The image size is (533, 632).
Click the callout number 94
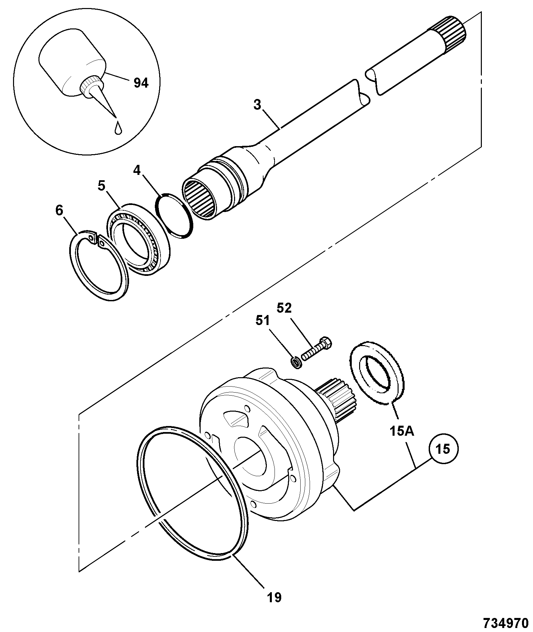[141, 83]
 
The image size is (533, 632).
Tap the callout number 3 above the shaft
[257, 105]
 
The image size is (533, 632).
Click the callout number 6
[59, 211]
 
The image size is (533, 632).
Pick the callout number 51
[262, 321]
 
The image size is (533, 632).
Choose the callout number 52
[285, 308]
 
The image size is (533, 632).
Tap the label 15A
[402, 431]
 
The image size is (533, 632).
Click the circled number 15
[443, 449]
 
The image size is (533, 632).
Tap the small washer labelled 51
[295, 362]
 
